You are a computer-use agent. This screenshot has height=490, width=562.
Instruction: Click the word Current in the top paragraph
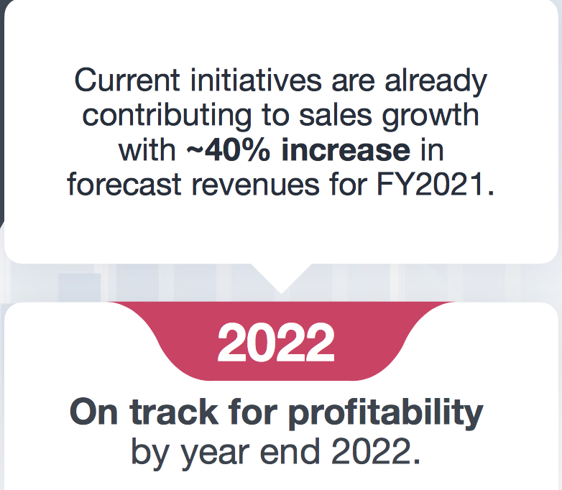(127, 80)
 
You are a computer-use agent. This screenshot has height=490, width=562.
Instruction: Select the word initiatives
(256, 80)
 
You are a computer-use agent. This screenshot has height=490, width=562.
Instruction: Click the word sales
(336, 115)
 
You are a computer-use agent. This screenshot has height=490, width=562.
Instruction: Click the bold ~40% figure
(228, 150)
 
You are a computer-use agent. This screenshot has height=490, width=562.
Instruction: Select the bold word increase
(346, 150)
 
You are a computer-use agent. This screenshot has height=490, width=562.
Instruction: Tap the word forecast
(124, 185)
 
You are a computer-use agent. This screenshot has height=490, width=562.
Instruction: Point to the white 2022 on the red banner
(276, 342)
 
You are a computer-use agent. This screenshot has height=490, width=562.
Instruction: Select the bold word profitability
(386, 414)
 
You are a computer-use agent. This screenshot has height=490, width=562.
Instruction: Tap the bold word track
(174, 412)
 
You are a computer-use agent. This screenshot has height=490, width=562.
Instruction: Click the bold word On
(94, 412)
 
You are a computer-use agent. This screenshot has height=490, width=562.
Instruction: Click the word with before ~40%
(147, 150)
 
